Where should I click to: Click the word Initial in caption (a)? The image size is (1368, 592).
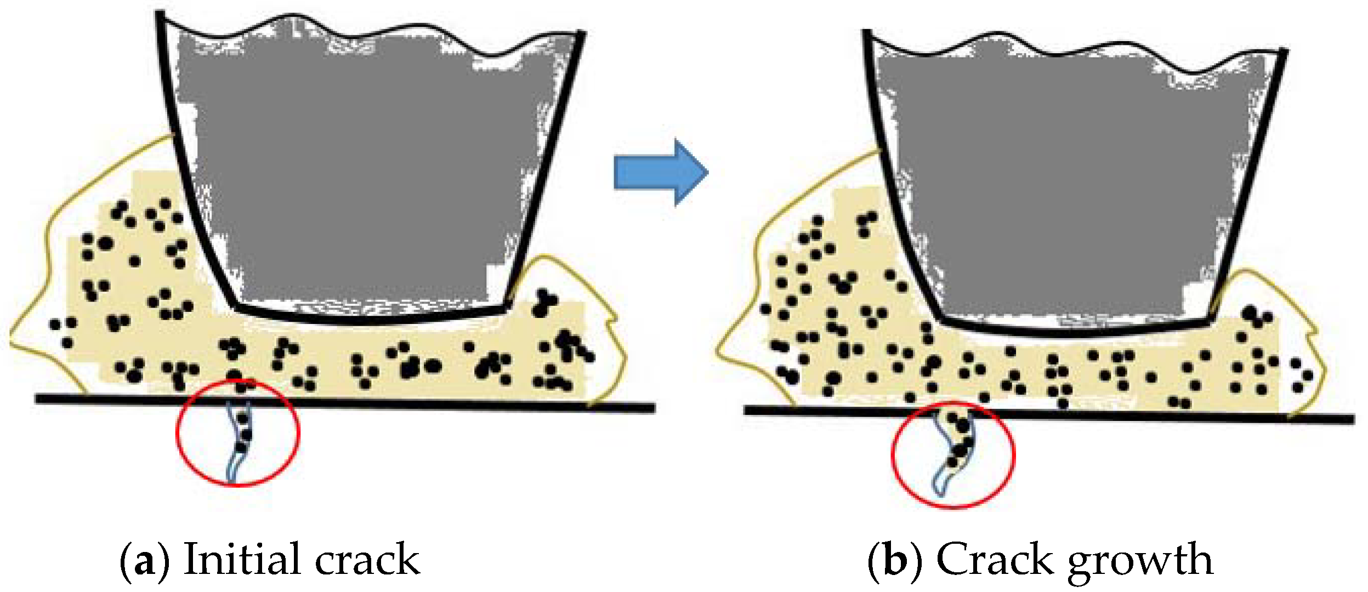coord(242,559)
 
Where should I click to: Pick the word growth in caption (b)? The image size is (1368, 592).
coord(1140,562)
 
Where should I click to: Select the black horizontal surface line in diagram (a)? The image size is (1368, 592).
coord(439,404)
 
